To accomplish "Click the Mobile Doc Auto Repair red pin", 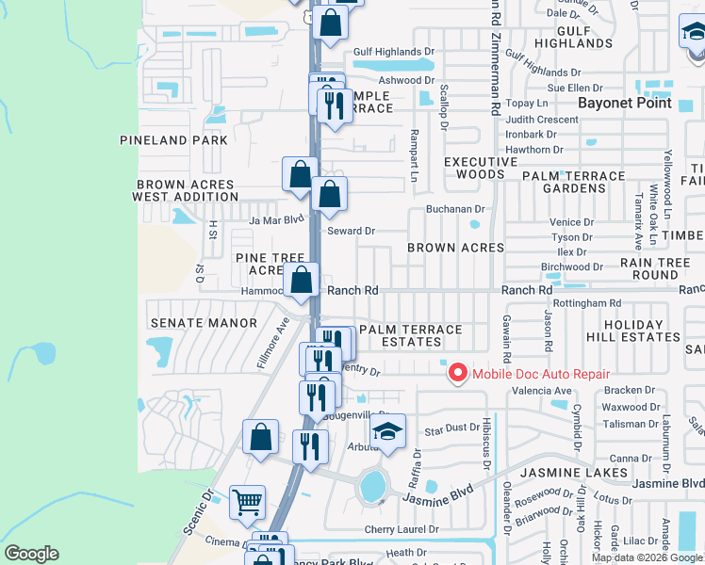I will (457, 374).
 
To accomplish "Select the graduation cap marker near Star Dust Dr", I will (386, 432).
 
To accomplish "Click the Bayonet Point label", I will (625, 103).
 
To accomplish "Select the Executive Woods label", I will (481, 168).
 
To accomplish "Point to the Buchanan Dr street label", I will (454, 209).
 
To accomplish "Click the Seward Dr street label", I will (351, 231).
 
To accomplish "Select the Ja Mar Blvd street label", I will (277, 220).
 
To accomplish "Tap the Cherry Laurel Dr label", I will (402, 530).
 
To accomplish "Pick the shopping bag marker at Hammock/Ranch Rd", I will (302, 281).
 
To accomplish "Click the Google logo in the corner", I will (31, 554).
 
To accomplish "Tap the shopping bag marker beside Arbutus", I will (260, 438).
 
